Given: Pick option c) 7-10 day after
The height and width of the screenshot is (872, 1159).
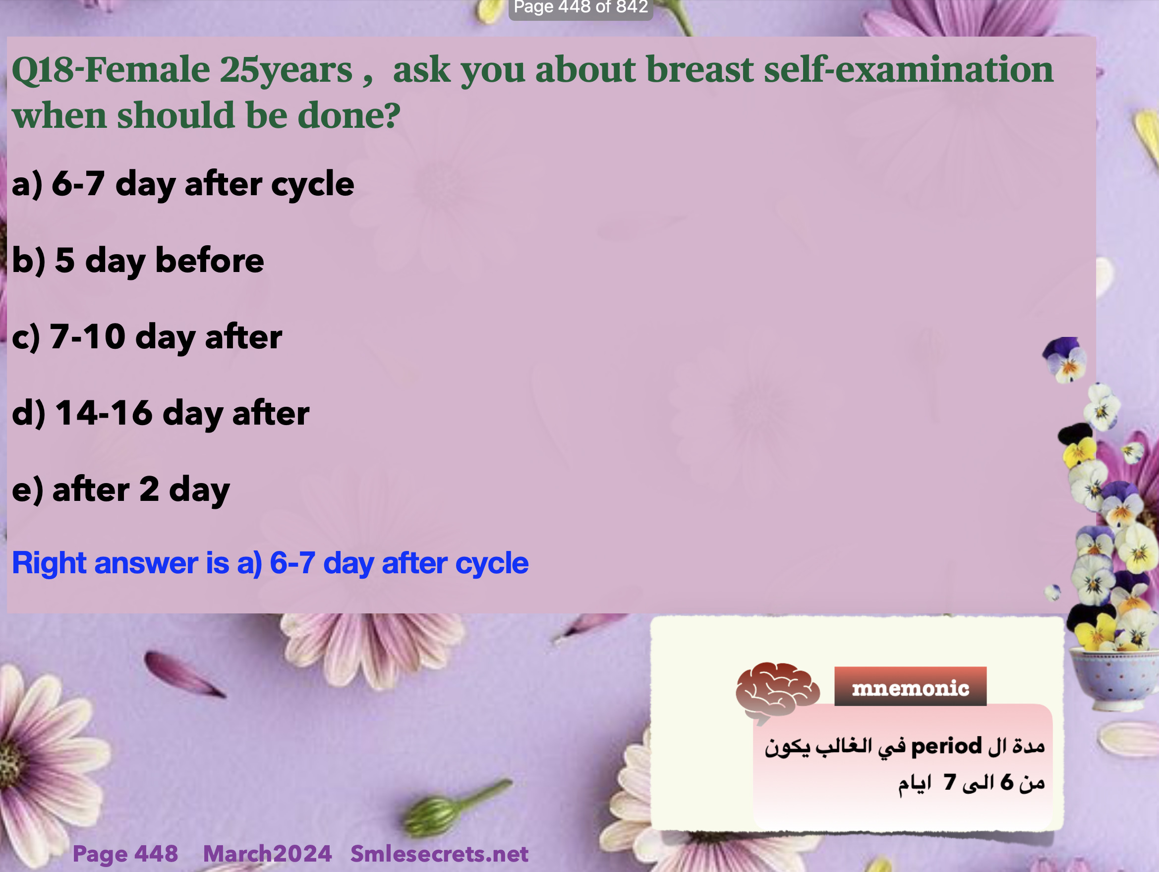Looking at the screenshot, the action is coord(147,337).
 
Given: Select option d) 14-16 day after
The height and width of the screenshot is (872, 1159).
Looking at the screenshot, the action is coord(160,414).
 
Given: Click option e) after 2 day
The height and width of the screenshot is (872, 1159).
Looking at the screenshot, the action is coord(120,490).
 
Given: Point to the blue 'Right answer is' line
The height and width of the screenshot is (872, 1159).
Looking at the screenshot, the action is coord(270,563).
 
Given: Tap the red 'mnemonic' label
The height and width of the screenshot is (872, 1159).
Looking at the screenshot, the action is coord(910,687).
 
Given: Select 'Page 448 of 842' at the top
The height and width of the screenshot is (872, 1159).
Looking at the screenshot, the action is coord(580,7).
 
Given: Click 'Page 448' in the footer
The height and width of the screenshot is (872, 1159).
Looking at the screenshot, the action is coord(125,854).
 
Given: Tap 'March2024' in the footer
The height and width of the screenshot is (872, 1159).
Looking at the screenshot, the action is coord(267,854).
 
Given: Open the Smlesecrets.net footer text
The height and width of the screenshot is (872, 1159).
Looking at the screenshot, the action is coord(439,854).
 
